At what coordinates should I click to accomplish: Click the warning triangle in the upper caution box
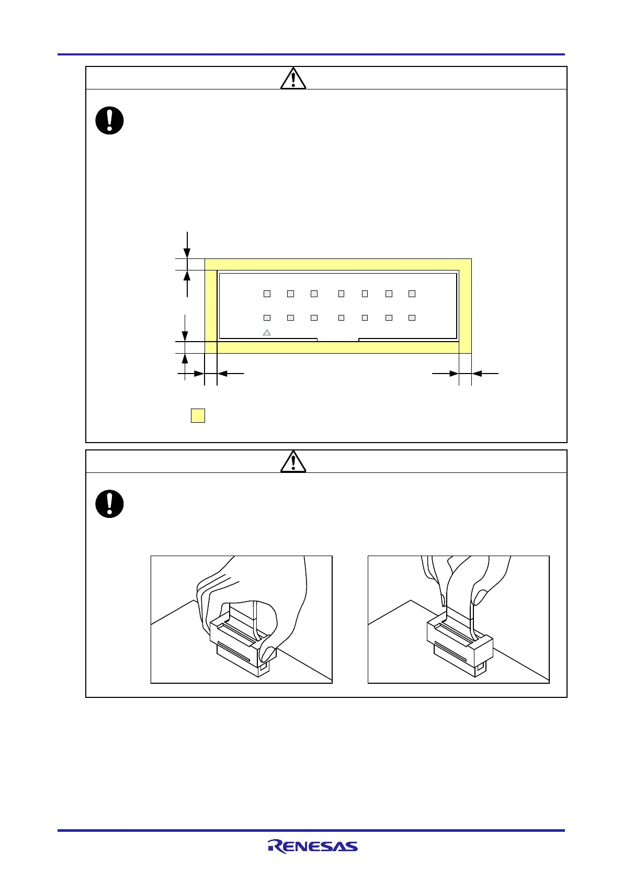(x=293, y=78)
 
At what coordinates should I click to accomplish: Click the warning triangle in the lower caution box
(x=293, y=462)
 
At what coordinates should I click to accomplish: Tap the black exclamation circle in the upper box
(x=109, y=120)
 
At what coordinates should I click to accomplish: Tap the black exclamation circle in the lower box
(x=109, y=504)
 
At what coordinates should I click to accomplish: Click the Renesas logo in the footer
(x=312, y=846)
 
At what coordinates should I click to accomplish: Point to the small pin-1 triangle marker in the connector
(x=267, y=332)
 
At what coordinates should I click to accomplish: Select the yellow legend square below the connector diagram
(x=198, y=415)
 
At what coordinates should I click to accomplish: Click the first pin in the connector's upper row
(x=267, y=293)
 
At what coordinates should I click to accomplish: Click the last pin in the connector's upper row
(x=412, y=293)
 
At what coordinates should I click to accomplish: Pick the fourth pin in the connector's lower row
(x=341, y=318)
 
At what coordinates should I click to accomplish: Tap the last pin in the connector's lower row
(x=412, y=318)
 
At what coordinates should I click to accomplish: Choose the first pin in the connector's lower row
(x=267, y=318)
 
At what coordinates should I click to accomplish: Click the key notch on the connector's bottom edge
(x=338, y=340)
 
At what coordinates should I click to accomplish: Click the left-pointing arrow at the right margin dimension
(x=484, y=374)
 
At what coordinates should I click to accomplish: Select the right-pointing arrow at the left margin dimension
(x=191, y=374)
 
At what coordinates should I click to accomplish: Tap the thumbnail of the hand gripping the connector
(x=241, y=619)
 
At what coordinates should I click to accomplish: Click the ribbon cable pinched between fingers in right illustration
(x=460, y=607)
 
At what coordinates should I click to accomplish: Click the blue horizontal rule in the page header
(x=311, y=54)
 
